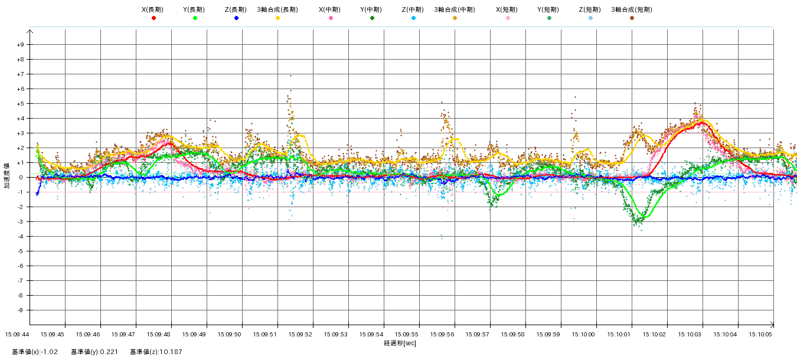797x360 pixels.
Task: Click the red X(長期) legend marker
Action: pyautogui.click(x=154, y=18)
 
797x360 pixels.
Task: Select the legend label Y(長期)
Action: pyautogui.click(x=195, y=9)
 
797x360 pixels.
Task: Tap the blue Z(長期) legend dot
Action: pyautogui.click(x=236, y=18)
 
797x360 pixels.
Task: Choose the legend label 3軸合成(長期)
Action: pyautogui.click(x=277, y=9)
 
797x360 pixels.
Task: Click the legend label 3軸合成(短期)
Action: pyautogui.click(x=631, y=9)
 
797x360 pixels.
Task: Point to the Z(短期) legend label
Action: pyautogui.click(x=590, y=9)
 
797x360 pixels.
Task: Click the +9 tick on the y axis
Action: pyautogui.click(x=20, y=45)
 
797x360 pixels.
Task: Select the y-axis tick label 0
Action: pyautogui.click(x=21, y=178)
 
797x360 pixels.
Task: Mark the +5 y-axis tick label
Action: pyautogui.click(x=20, y=104)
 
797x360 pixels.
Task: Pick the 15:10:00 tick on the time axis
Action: pyautogui.click(x=584, y=335)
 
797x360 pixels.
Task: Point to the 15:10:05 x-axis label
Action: pyautogui.click(x=761, y=335)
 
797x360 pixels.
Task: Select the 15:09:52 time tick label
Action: pyautogui.click(x=300, y=335)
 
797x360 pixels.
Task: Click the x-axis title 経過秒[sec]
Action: pyautogui.click(x=400, y=343)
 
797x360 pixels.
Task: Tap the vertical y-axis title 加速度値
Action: pyautogui.click(x=7, y=178)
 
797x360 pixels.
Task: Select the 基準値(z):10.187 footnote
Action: pyautogui.click(x=156, y=352)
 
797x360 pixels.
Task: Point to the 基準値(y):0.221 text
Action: pyautogui.click(x=94, y=352)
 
